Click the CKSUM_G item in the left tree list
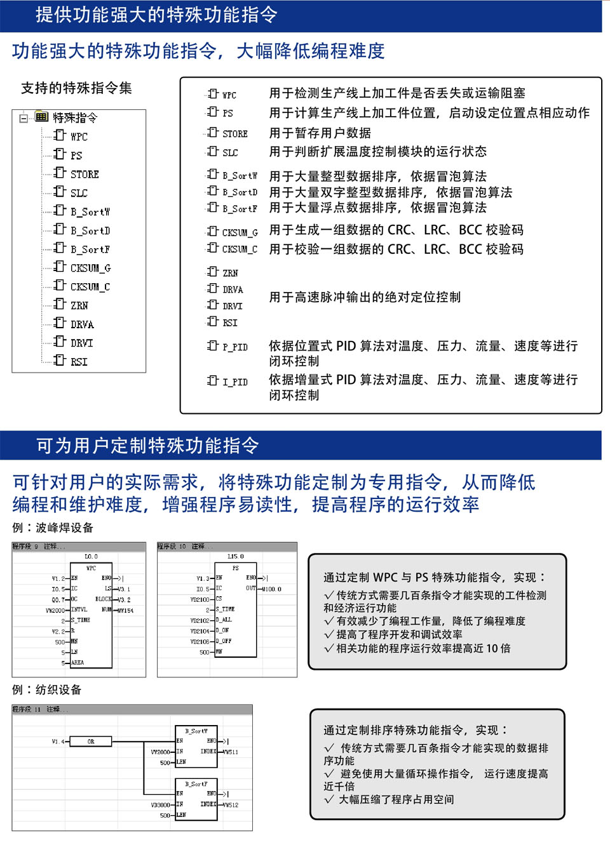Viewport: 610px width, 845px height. pyautogui.click(x=90, y=268)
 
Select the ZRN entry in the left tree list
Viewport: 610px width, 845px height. pyautogui.click(x=79, y=305)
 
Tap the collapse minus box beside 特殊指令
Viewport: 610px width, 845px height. pyautogui.click(x=24, y=117)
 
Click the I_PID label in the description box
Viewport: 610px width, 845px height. pyautogui.click(x=234, y=382)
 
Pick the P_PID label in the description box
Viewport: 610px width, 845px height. pyautogui.click(x=234, y=347)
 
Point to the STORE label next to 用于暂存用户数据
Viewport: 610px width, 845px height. pyautogui.click(x=234, y=133)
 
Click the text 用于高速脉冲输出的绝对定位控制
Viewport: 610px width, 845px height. pyautogui.click(x=365, y=297)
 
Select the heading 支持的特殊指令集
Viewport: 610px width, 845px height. pyautogui.click(x=76, y=88)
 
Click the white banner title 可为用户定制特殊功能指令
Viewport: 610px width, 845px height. pyautogui.click(x=147, y=446)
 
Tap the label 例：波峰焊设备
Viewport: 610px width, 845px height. pyautogui.click(x=53, y=528)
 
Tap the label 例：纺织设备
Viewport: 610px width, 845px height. pyautogui.click(x=47, y=689)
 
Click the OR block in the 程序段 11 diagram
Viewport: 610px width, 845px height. pyautogui.click(x=91, y=741)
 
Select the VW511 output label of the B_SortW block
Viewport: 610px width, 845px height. pyautogui.click(x=231, y=752)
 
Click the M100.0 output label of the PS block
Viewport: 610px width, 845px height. pyautogui.click(x=271, y=589)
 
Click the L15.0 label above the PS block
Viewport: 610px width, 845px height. pyautogui.click(x=235, y=556)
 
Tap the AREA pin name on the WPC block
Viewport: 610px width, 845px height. pyautogui.click(x=78, y=662)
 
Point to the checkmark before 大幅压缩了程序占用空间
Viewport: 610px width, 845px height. pyautogui.click(x=329, y=799)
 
